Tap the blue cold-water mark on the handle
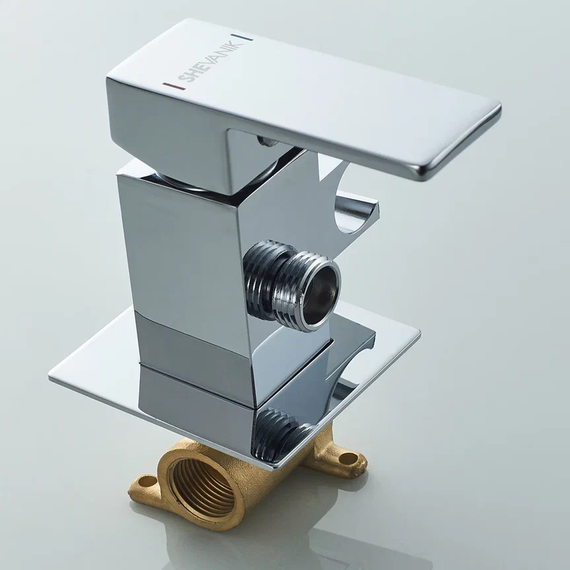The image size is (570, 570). coord(242,37)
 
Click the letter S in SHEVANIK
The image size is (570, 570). coord(182,78)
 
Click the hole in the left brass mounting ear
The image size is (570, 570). coord(147,481)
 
